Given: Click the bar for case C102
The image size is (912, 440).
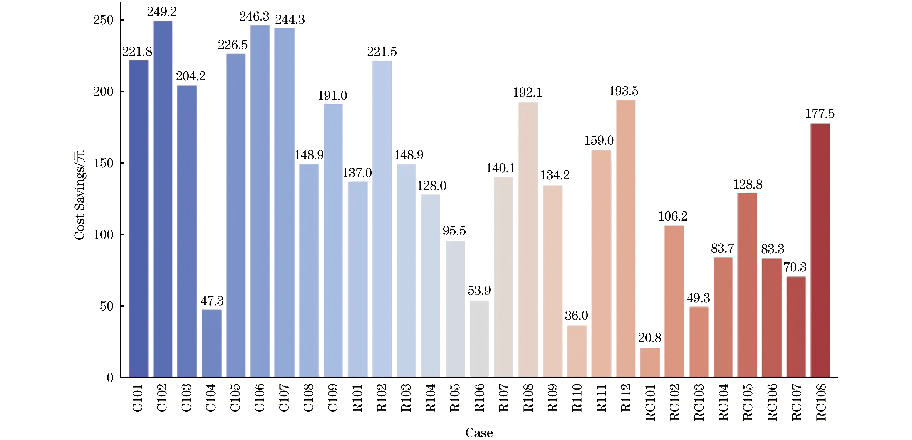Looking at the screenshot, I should click(163, 198).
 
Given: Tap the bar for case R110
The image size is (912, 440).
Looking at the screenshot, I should click(577, 351).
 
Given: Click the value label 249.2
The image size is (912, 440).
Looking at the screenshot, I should click(162, 12).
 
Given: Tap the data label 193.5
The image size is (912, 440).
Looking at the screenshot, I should click(623, 91).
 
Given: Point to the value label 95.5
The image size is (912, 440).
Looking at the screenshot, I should click(454, 231).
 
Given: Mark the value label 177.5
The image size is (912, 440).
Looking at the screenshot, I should click(820, 114).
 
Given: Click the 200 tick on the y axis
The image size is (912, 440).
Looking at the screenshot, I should click(103, 92).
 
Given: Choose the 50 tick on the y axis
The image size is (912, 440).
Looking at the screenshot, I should click(106, 306).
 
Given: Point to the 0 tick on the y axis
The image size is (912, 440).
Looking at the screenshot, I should click(110, 378).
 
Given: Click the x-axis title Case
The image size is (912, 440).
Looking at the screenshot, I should click(479, 433).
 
